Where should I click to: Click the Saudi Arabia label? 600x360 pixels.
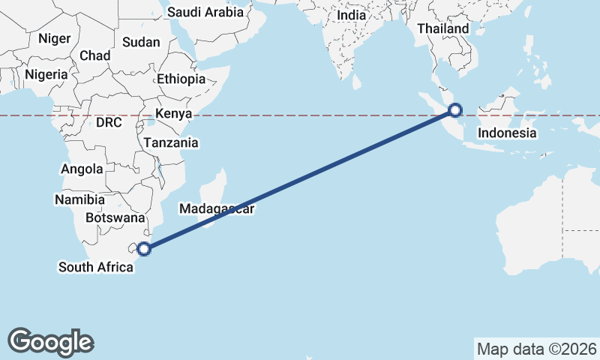[205, 12]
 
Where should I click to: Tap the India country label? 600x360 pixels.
[352, 15]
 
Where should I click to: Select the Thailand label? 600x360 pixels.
[442, 29]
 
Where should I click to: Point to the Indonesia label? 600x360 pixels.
[508, 133]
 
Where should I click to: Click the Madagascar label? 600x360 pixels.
[217, 209]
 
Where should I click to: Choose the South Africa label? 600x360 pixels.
[96, 266]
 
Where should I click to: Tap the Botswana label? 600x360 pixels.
[115, 217]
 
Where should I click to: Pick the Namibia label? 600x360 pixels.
[79, 199]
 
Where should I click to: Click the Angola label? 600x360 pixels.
[82, 169]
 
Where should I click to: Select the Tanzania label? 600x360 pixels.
[171, 142]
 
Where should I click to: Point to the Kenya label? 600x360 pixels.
[174, 114]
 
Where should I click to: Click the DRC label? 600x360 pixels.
[109, 122]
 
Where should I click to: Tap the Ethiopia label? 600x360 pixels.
[181, 79]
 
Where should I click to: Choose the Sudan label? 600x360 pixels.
[141, 42]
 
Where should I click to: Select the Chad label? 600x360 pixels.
[94, 55]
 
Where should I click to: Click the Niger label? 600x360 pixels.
[54, 38]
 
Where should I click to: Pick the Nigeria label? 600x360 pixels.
[46, 74]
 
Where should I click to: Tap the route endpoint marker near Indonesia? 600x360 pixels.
[454, 111]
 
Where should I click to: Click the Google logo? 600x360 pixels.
[51, 341]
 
